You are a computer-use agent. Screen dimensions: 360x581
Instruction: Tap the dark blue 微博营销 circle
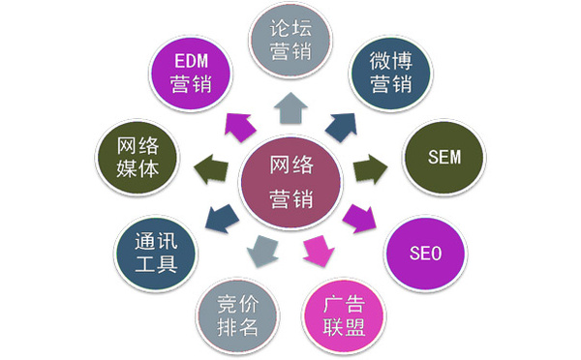tap(391, 74)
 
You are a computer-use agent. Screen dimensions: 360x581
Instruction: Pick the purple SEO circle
tap(426, 254)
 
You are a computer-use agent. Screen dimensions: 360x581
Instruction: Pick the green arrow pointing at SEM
tap(369, 172)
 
